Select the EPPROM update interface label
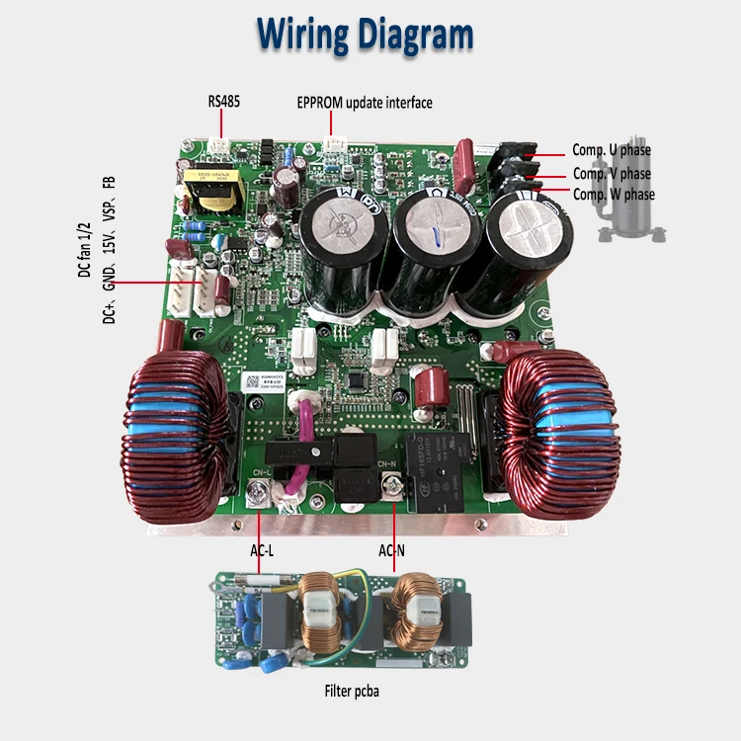(365, 102)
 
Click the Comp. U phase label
(612, 150)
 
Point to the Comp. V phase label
(612, 173)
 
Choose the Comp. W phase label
(613, 195)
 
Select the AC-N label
(393, 548)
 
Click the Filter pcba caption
(352, 692)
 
